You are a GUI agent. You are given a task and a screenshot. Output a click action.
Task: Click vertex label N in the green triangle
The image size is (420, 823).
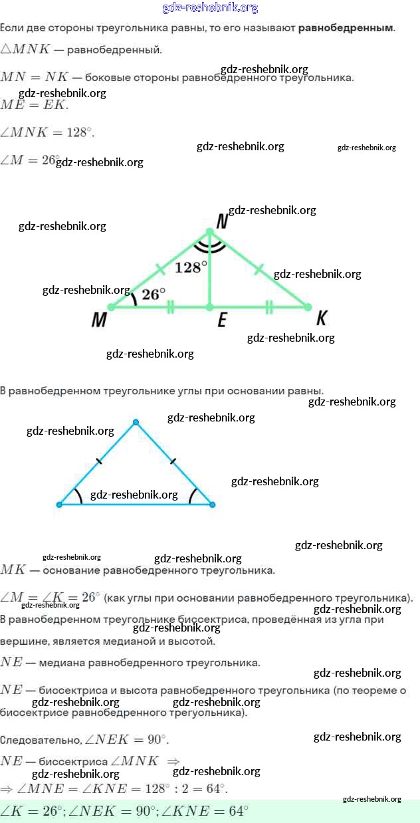[221, 221]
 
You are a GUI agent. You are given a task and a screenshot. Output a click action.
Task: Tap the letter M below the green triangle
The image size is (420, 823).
[99, 320]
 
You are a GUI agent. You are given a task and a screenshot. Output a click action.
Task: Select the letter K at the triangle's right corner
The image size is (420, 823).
[322, 318]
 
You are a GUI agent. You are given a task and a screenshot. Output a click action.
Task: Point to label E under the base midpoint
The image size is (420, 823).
[222, 321]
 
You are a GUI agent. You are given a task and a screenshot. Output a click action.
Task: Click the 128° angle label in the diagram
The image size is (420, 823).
[191, 267]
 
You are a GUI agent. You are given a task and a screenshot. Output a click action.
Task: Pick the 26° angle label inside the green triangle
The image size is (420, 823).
[154, 294]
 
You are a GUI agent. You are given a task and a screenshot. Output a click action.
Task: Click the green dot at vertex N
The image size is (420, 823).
[209, 232]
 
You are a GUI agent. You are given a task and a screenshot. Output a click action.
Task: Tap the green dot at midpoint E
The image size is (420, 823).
[209, 307]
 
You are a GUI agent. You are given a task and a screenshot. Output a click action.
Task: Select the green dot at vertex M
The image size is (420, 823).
[112, 307]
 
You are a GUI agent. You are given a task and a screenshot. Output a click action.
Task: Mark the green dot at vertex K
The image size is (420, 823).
[307, 307]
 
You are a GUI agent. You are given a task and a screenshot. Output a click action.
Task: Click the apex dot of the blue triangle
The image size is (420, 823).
[136, 422]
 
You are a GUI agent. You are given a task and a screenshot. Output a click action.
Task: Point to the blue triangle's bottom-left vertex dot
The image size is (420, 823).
[59, 505]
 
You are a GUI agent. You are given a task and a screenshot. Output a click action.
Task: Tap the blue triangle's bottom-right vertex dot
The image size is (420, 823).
[212, 505]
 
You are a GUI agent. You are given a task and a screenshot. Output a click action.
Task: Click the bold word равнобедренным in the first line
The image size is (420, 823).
[346, 28]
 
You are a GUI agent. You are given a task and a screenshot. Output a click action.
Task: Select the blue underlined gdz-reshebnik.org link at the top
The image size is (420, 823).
[210, 8]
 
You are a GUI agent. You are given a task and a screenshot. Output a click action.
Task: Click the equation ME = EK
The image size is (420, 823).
[34, 104]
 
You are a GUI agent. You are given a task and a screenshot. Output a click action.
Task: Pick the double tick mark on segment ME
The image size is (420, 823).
[171, 307]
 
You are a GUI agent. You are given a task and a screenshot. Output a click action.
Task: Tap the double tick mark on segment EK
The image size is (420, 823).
[269, 307]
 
